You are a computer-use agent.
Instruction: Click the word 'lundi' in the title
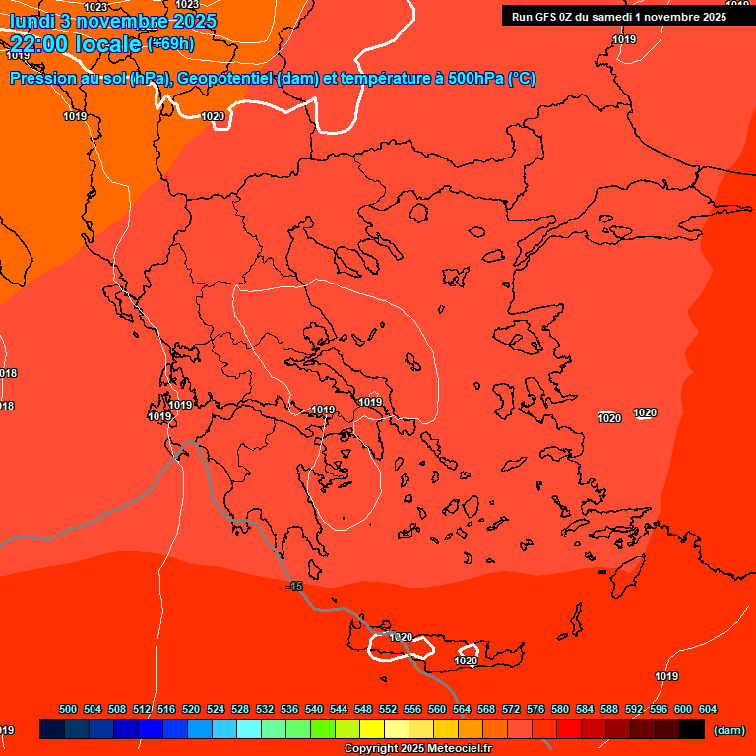click(x=30, y=21)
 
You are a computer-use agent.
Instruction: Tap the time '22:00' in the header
click(x=38, y=44)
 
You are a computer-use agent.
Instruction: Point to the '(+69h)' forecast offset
click(x=170, y=44)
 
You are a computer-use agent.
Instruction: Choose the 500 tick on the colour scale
click(x=68, y=709)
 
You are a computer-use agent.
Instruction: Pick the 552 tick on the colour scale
click(x=388, y=709)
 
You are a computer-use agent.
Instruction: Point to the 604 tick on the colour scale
click(x=708, y=709)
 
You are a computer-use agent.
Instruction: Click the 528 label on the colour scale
click(x=240, y=709)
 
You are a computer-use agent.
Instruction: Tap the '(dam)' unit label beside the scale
click(x=728, y=729)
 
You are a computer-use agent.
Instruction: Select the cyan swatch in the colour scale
click(x=249, y=729)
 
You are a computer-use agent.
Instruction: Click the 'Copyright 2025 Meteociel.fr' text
click(x=417, y=749)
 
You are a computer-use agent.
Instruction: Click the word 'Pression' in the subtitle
click(x=39, y=79)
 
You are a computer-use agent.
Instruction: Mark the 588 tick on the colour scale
click(x=609, y=709)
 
